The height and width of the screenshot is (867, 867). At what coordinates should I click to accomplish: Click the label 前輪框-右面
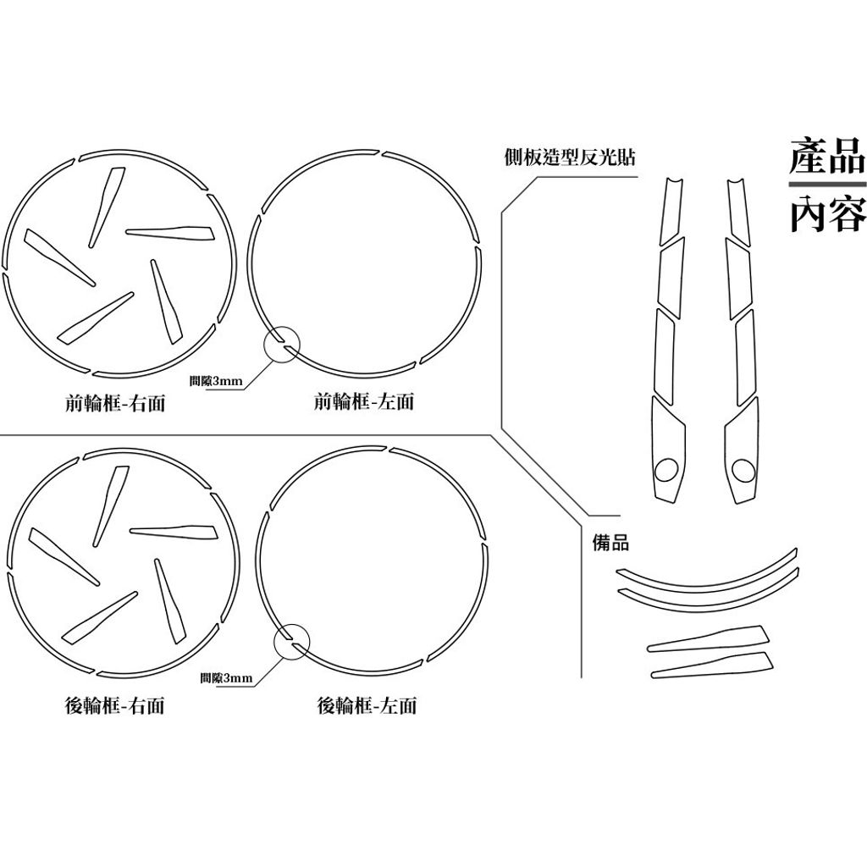[115, 402]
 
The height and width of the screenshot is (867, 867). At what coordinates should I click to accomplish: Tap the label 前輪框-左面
[364, 401]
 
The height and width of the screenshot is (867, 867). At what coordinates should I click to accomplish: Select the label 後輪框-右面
[115, 705]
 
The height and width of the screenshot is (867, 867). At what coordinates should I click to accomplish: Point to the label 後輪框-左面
[367, 705]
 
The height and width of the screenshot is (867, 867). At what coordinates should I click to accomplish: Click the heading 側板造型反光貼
[570, 157]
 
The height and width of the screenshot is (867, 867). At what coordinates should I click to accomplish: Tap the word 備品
[611, 543]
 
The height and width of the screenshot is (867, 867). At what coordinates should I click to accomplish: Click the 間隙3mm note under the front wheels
[216, 380]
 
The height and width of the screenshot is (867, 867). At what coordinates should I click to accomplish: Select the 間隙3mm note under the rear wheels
[226, 678]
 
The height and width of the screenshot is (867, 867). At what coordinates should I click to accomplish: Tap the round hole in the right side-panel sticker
[743, 470]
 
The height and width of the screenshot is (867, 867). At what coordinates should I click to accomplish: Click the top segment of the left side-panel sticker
[671, 211]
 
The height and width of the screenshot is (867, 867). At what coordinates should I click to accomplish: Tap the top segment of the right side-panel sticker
[738, 210]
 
